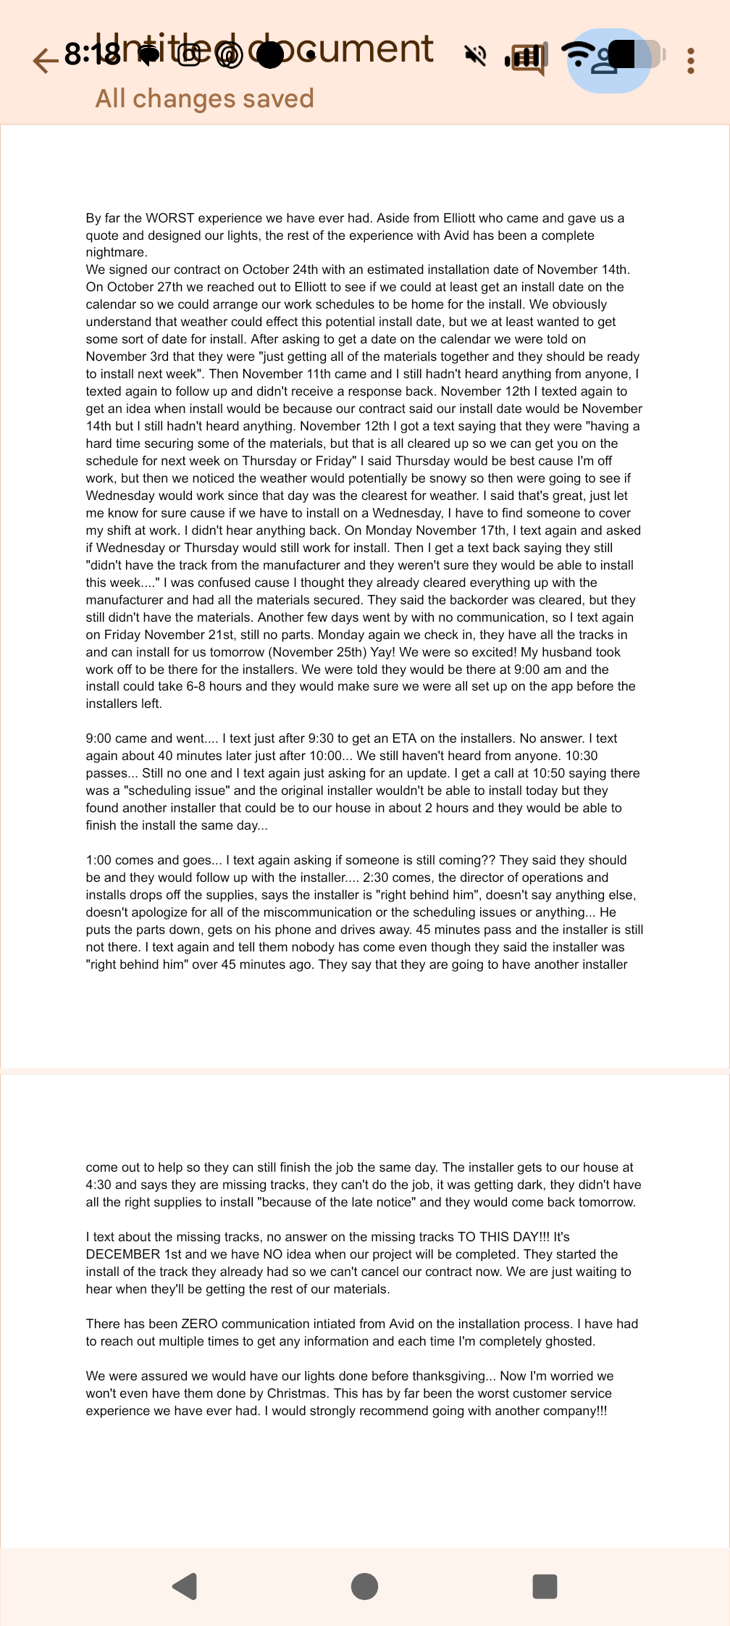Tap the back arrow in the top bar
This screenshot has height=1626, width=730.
coord(45,60)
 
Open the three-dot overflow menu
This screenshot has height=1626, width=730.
coord(691,61)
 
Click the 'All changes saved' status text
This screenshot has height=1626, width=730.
coord(204,99)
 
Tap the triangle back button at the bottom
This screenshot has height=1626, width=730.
coord(185,1586)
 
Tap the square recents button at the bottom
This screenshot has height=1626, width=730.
coord(545,1586)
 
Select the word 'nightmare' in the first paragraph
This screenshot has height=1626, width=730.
coord(116,252)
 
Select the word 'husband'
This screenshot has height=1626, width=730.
coord(549,652)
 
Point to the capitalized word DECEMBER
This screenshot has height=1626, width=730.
coord(123,1254)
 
